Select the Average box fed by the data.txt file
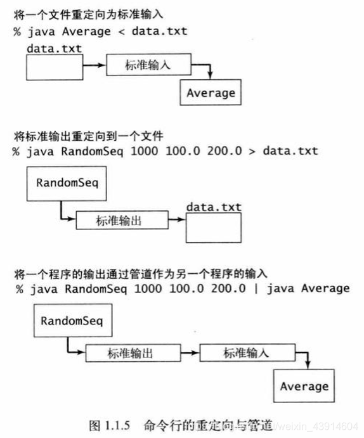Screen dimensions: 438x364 coord(211,93)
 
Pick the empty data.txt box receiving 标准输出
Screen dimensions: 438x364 coord(213,227)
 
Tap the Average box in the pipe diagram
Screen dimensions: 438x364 coord(304,386)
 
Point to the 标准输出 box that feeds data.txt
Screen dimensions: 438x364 coord(121,221)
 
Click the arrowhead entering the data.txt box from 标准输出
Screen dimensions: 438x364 coord(182,221)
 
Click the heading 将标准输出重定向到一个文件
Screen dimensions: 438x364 coord(89,136)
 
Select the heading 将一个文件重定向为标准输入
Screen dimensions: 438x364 coord(89,13)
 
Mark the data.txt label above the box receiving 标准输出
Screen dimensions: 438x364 coord(213,207)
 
